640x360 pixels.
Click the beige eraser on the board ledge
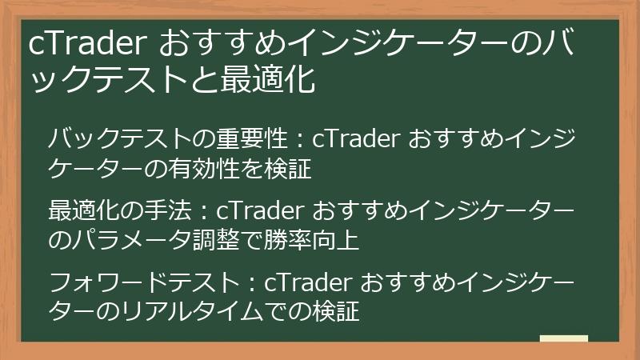point(563,339)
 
